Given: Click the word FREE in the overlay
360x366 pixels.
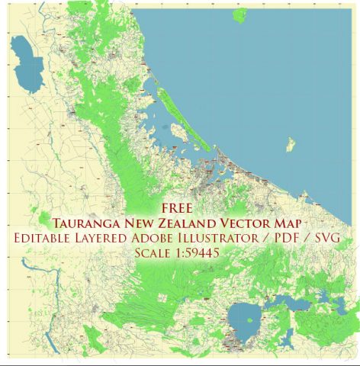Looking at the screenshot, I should [179, 207].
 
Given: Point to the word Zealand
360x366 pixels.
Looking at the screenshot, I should [208, 222].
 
